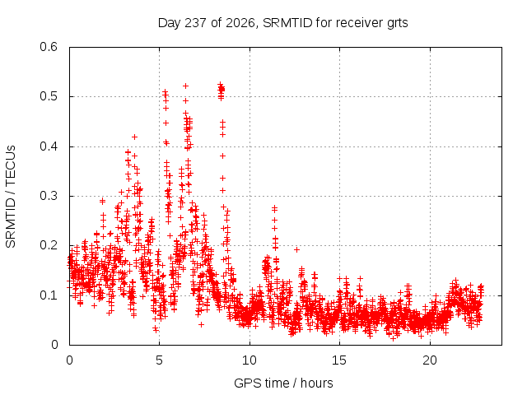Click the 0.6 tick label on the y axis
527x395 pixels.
(49, 47)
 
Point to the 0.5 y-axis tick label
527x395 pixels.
(49, 96)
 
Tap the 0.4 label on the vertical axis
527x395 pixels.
(49, 146)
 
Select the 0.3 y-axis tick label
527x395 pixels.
(49, 196)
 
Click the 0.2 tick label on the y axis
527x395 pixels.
(49, 245)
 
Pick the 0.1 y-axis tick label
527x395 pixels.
(49, 295)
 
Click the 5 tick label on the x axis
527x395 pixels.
(159, 360)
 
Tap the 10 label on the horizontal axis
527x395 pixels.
(250, 360)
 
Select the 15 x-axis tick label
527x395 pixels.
(339, 360)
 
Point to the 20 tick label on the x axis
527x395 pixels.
(430, 360)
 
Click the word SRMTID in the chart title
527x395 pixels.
(287, 23)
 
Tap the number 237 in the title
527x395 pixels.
(196, 23)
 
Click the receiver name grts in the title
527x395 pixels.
(397, 24)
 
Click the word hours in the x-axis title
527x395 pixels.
(316, 383)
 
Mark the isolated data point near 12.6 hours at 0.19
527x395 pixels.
(296, 249)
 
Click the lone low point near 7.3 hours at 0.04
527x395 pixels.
(201, 324)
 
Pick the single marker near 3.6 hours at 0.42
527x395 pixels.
(134, 137)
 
